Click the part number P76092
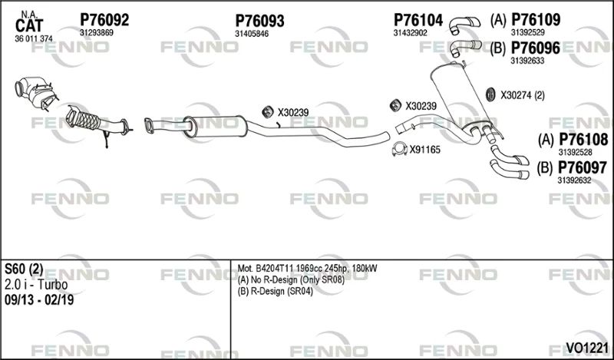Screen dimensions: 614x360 (x=104, y=20)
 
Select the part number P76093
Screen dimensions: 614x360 (x=259, y=21)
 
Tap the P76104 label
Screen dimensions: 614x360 (x=418, y=20)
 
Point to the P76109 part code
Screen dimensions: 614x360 (x=536, y=19)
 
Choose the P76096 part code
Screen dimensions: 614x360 (x=535, y=48)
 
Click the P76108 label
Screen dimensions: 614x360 (x=583, y=139)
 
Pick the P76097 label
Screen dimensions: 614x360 (x=583, y=167)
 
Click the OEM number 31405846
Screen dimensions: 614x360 (x=252, y=34)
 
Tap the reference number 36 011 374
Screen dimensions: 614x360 (x=34, y=38)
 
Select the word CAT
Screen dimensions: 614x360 (x=29, y=26)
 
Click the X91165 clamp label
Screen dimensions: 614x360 (x=425, y=149)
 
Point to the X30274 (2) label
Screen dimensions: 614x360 (x=523, y=95)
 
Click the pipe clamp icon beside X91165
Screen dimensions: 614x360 (x=400, y=149)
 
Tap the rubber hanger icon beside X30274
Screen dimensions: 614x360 (x=490, y=94)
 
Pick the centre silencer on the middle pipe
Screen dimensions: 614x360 (x=215, y=127)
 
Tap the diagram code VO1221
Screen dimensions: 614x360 (x=586, y=347)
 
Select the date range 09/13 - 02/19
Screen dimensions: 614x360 (x=39, y=300)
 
